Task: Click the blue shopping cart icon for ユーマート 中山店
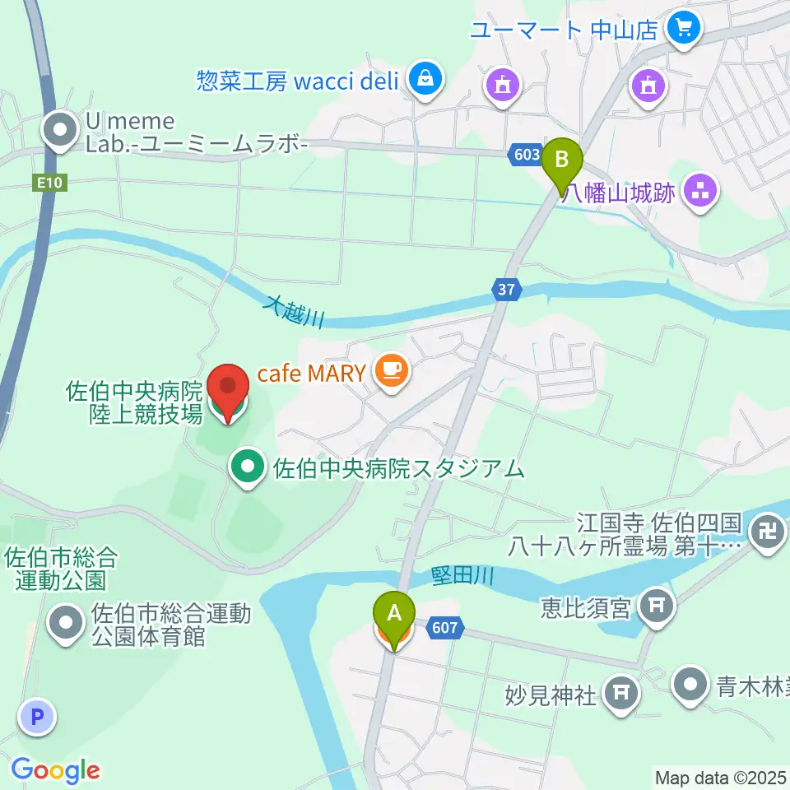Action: pos(683,30)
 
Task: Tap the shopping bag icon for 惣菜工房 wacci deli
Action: pos(425,80)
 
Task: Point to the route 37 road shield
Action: pos(507,289)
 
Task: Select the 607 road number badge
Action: pos(444,629)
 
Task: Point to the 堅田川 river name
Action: pos(462,577)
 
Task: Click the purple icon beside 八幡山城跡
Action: pos(701,193)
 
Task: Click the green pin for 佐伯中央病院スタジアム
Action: pos(247,468)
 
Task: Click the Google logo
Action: pos(55,769)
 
